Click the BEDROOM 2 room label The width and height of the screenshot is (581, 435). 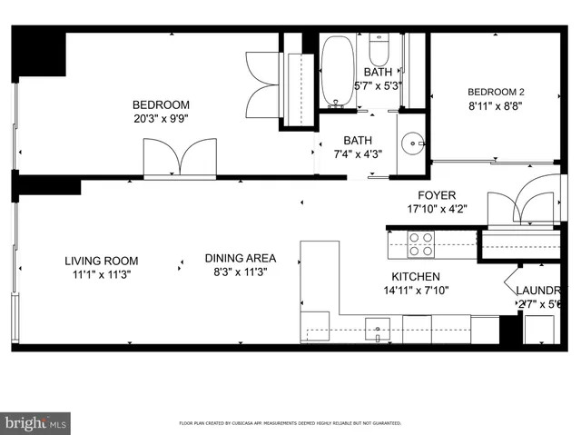496,92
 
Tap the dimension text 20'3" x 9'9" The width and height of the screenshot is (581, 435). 161,117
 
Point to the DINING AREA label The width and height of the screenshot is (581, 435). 240,258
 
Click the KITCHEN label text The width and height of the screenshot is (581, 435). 415,277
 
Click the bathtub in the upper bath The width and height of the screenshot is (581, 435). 338,73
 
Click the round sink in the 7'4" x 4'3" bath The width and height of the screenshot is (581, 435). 413,143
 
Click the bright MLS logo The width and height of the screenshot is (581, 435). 36,422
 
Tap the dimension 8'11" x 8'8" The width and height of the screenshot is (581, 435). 496,105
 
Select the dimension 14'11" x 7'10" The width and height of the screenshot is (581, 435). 415,291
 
